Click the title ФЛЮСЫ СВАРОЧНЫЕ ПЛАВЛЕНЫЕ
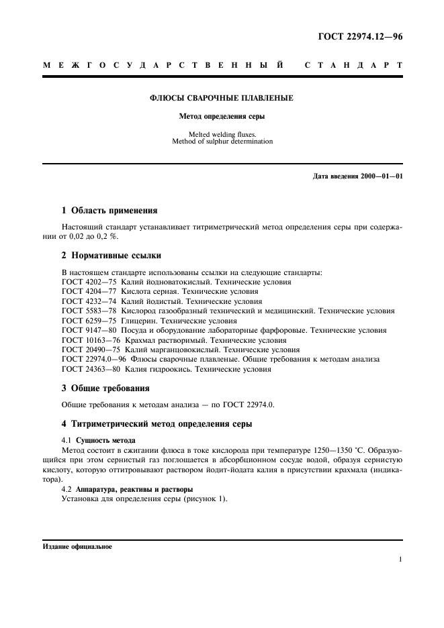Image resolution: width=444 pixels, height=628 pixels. point(221,98)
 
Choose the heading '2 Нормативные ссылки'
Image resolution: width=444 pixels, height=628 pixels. point(111,256)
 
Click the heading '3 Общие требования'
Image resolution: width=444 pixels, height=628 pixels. point(105,388)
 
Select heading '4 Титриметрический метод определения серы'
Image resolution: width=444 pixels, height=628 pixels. point(157,424)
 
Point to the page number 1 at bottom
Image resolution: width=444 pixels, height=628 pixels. point(400,559)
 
